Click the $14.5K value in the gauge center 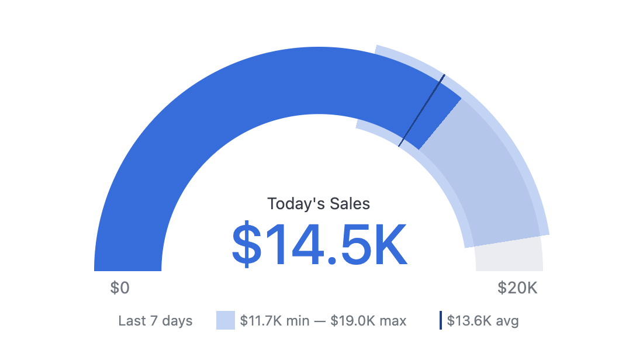[319, 245]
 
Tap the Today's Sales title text [319, 203]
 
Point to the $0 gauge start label [120, 288]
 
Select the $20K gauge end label [517, 288]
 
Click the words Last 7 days [155, 321]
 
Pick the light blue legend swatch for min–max [225, 320]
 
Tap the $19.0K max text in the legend [368, 321]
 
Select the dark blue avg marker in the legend [441, 320]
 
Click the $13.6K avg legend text [483, 321]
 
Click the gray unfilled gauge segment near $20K [509, 257]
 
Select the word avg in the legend [508, 321]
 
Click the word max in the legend [394, 321]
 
